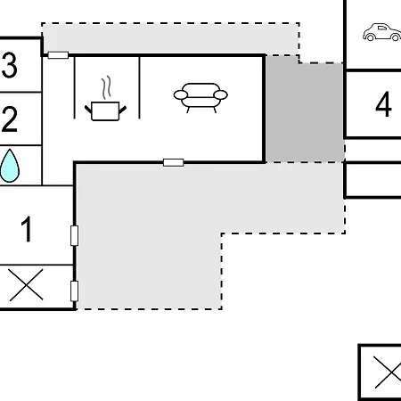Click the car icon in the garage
coord(381,32)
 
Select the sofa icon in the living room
coord(200,97)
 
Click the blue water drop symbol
coord(10,166)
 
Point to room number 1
coord(27,229)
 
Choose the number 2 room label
coord(10,119)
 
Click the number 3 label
coord(10,65)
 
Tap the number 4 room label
coord(383,104)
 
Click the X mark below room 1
coord(26,285)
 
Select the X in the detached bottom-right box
coord(388,372)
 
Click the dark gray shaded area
coord(305,110)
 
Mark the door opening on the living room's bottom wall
coord(174,162)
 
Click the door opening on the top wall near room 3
coord(58,55)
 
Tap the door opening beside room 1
coord(75,235)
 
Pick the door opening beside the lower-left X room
coord(75,291)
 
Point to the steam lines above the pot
coord(107,87)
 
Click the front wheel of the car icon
coord(396,37)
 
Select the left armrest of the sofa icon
coord(181,95)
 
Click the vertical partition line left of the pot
coord(75,87)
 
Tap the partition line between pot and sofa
coord(139,87)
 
